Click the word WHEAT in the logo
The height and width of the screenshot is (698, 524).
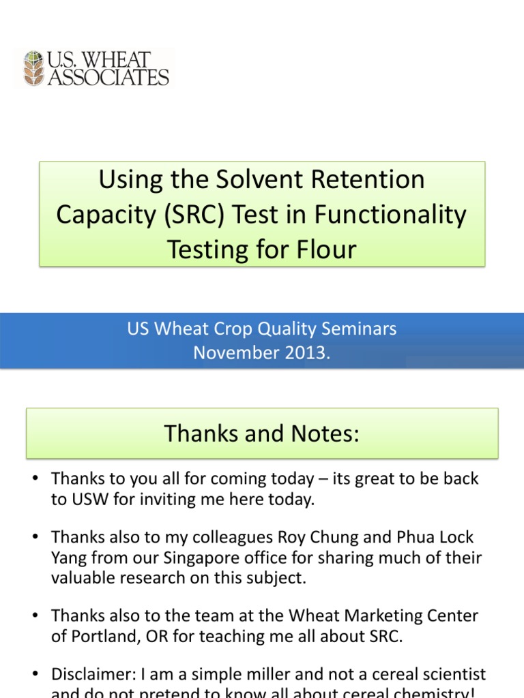click(130, 59)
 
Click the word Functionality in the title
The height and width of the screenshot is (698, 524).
click(390, 215)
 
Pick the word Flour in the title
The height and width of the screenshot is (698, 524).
click(329, 250)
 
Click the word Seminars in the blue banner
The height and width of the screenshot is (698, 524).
click(354, 329)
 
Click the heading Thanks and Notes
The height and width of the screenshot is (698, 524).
click(261, 434)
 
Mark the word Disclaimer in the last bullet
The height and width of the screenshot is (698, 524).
click(91, 675)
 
